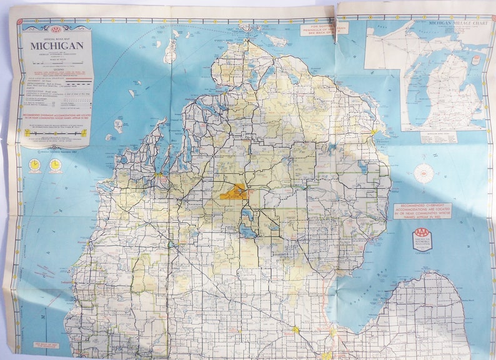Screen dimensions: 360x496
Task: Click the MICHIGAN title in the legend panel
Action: pos(57,46)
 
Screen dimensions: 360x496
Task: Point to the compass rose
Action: pos(424,173)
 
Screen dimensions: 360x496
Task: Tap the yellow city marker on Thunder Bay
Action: pos(374,132)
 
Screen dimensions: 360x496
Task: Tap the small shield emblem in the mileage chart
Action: pos(477,60)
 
